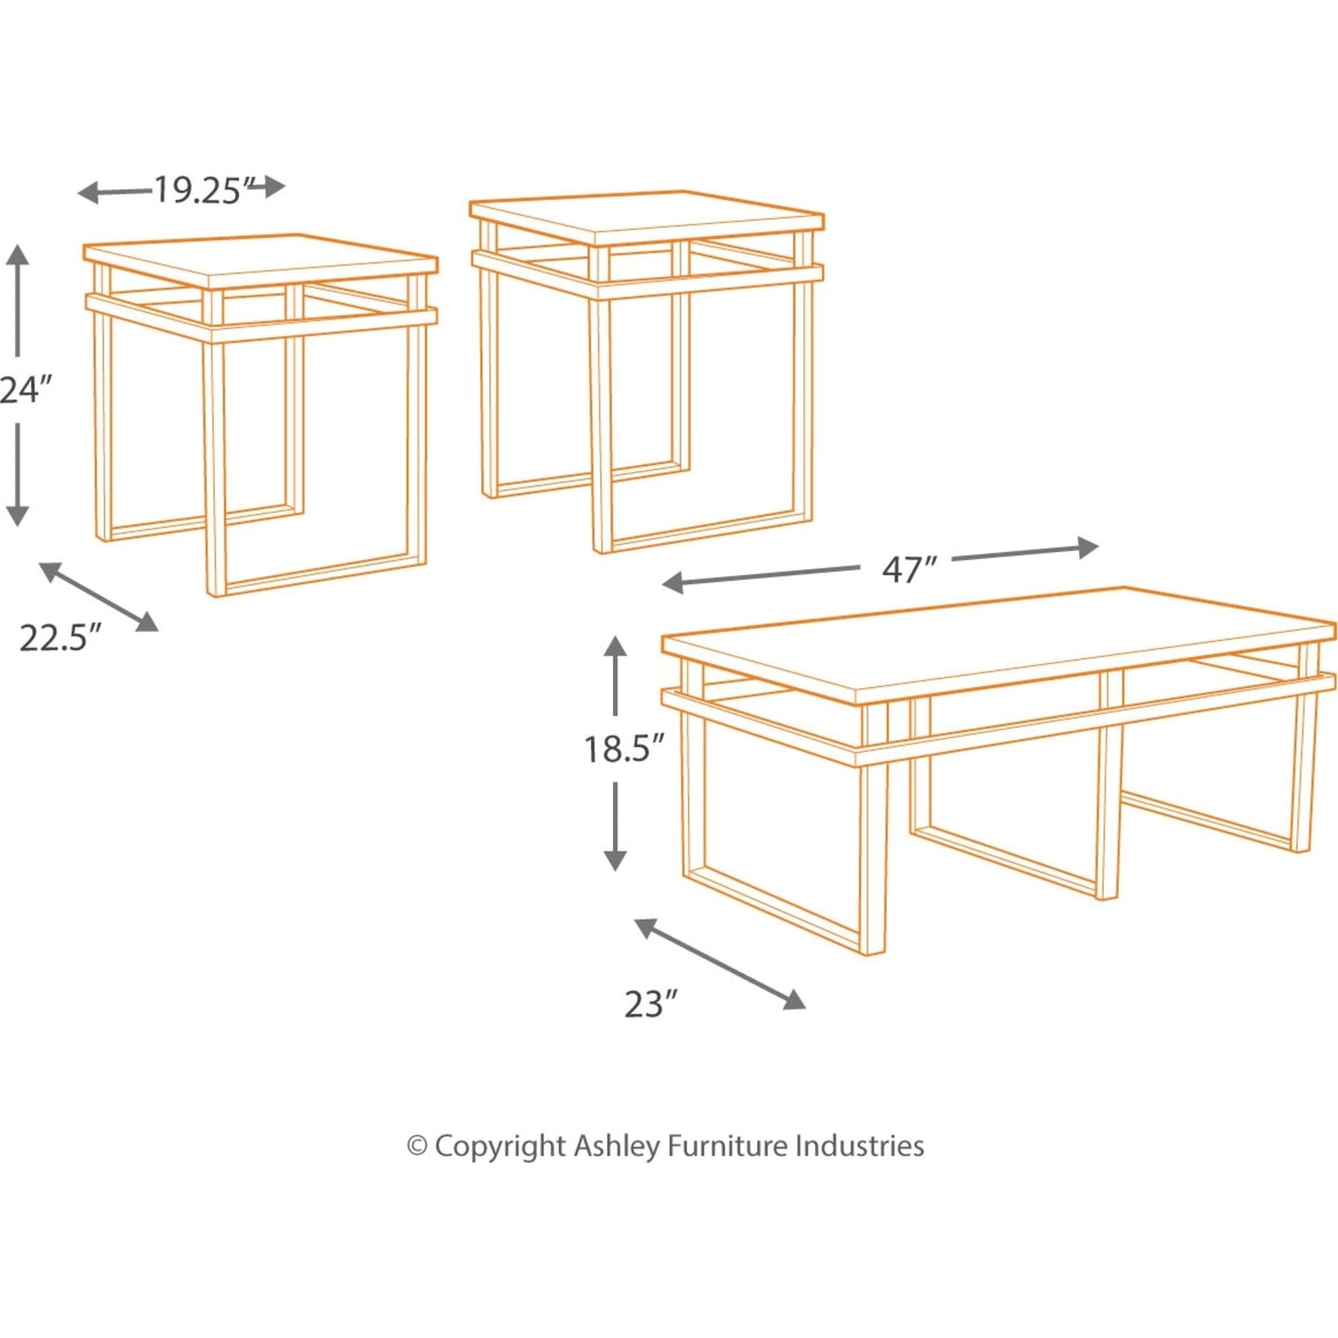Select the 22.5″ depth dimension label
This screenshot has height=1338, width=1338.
(60, 638)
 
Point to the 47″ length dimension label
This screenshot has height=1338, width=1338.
(909, 569)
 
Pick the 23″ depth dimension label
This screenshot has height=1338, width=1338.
(651, 1004)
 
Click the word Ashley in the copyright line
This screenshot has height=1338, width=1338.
(617, 1146)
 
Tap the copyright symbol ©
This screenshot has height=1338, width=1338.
(418, 1146)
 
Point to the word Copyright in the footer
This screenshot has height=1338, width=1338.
(500, 1146)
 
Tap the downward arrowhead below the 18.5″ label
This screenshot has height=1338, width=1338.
(615, 860)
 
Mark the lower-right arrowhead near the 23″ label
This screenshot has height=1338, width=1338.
(794, 1001)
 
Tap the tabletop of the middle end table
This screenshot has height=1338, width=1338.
(646, 219)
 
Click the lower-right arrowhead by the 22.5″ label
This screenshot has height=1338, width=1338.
(148, 623)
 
